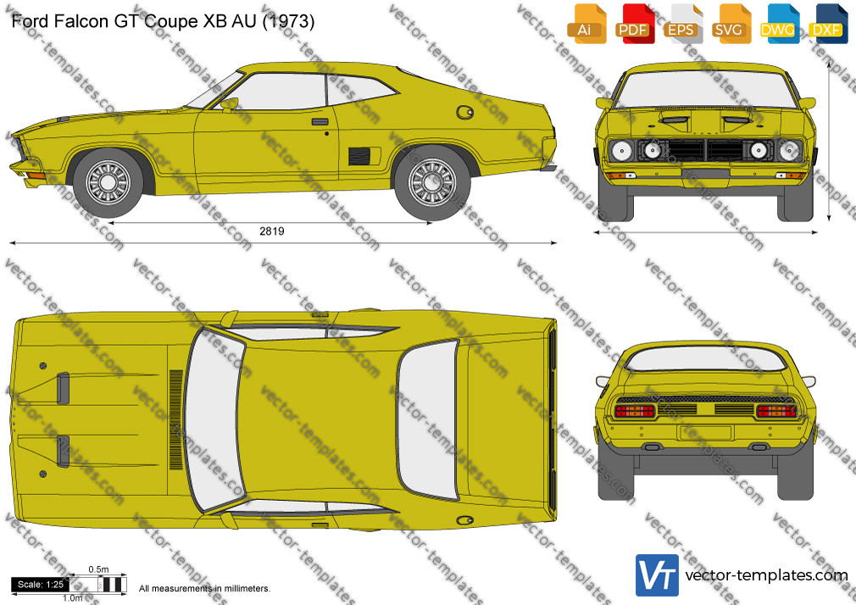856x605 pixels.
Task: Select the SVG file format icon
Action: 731,24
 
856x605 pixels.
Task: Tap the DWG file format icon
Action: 780,24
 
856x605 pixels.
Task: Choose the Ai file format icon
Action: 586,24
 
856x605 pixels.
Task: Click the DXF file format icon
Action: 828,24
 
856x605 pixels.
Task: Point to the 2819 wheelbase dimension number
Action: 272,231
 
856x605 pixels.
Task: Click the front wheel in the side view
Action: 108,182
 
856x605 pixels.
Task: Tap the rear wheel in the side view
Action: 432,183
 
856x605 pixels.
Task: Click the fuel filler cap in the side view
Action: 464,113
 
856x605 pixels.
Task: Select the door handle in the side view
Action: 320,122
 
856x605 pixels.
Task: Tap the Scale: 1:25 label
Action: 41,585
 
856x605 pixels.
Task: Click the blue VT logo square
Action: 657,575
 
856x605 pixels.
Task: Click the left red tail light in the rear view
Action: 634,411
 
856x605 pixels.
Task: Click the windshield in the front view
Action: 705,89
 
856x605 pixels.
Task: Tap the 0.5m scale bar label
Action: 99,569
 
